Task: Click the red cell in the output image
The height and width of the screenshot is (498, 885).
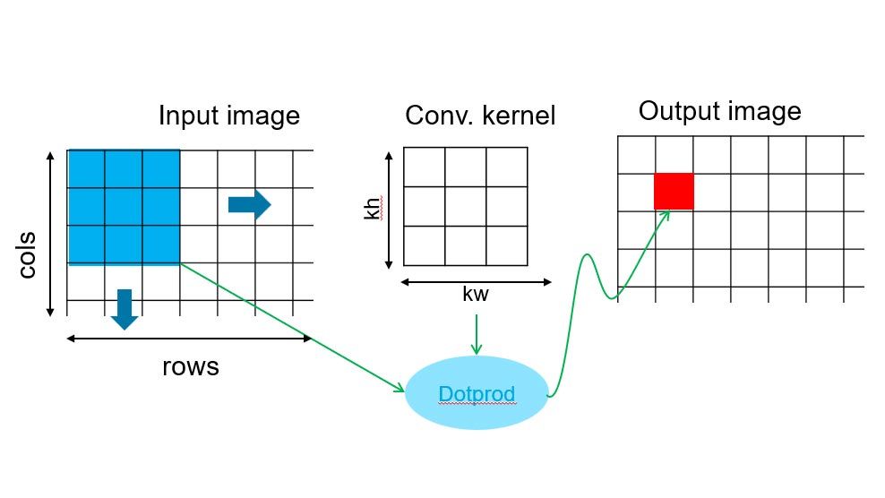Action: coord(674,191)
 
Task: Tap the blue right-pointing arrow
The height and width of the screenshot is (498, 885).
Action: coord(249,204)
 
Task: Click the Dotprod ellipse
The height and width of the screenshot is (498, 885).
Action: coord(477,393)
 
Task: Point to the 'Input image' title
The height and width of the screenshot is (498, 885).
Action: coord(228,116)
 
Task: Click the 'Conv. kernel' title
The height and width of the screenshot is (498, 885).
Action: coord(480,116)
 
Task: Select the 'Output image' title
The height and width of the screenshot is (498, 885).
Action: coord(719,111)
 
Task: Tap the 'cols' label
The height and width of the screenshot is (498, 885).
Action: coord(28,255)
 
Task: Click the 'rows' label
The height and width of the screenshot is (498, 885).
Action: coord(190,367)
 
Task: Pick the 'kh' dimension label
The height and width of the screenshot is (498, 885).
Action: coord(373,210)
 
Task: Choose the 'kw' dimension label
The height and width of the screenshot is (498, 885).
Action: coord(475,295)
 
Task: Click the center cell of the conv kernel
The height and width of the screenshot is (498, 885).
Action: coord(466,207)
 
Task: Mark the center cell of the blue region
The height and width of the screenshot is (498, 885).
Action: coord(124,207)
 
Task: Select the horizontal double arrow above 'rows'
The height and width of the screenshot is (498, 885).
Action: coord(190,339)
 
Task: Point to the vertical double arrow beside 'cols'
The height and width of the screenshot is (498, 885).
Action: coord(50,233)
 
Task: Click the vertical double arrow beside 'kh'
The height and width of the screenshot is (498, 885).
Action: coord(389,210)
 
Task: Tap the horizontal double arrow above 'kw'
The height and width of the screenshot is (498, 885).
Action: coord(476,281)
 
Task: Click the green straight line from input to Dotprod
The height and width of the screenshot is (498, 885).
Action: coord(292,327)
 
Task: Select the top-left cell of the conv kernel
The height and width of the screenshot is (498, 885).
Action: coord(425,167)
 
